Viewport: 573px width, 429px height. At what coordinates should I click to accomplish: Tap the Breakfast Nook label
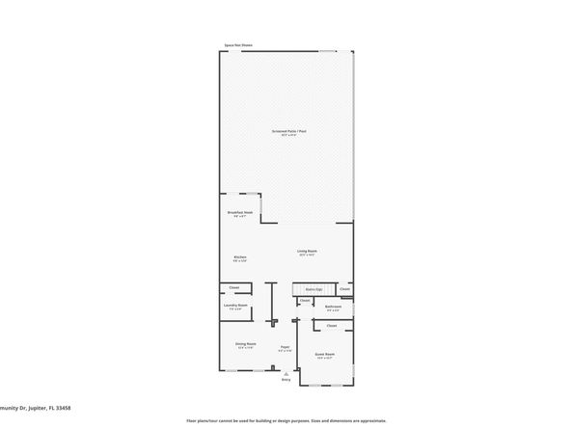click(240, 212)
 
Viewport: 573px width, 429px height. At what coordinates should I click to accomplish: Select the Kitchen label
click(240, 257)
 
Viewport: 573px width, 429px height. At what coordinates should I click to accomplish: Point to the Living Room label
click(307, 252)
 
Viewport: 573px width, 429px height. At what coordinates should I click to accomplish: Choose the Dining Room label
click(245, 344)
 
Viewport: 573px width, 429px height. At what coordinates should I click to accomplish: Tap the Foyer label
click(285, 347)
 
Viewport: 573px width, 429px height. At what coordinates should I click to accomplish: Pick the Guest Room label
click(325, 354)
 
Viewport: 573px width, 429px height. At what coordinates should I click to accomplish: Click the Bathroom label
click(333, 306)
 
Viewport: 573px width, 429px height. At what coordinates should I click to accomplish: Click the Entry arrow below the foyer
click(286, 371)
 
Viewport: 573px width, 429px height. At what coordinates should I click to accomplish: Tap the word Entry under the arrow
click(286, 379)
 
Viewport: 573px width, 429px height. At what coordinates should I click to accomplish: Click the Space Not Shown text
click(238, 45)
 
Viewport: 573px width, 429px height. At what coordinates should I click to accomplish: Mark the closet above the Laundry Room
click(234, 287)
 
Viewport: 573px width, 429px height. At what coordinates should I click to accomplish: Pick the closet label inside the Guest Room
click(331, 326)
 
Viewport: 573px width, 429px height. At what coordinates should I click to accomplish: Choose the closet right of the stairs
click(345, 289)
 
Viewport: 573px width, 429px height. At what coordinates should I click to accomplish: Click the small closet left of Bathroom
click(305, 301)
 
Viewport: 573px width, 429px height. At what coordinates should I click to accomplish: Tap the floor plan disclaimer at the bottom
click(286, 420)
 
